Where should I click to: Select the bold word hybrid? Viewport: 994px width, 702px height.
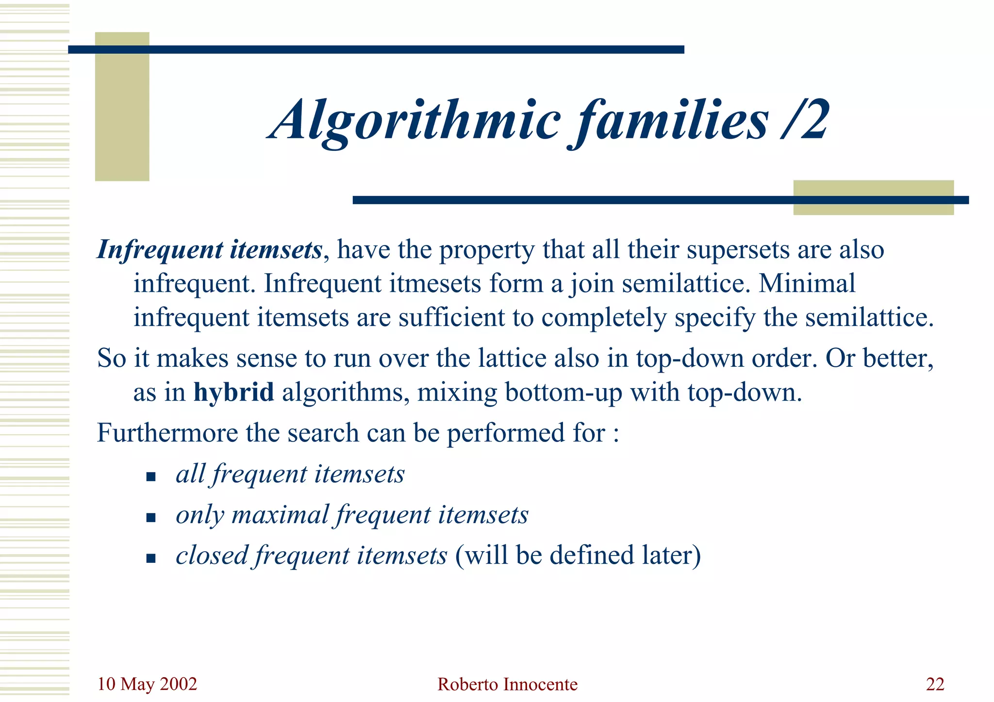233,392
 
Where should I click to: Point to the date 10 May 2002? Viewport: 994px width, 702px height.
147,684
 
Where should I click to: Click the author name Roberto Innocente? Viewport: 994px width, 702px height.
507,685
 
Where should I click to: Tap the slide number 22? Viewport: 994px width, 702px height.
935,684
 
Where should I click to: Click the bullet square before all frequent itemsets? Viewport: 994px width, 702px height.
150,476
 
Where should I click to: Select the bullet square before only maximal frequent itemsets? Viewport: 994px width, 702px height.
150,517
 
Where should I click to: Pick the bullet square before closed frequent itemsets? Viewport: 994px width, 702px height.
150,558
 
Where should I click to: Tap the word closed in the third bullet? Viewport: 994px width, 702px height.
212,555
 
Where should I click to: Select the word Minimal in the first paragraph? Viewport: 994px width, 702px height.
807,283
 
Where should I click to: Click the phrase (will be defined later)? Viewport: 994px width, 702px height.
578,555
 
